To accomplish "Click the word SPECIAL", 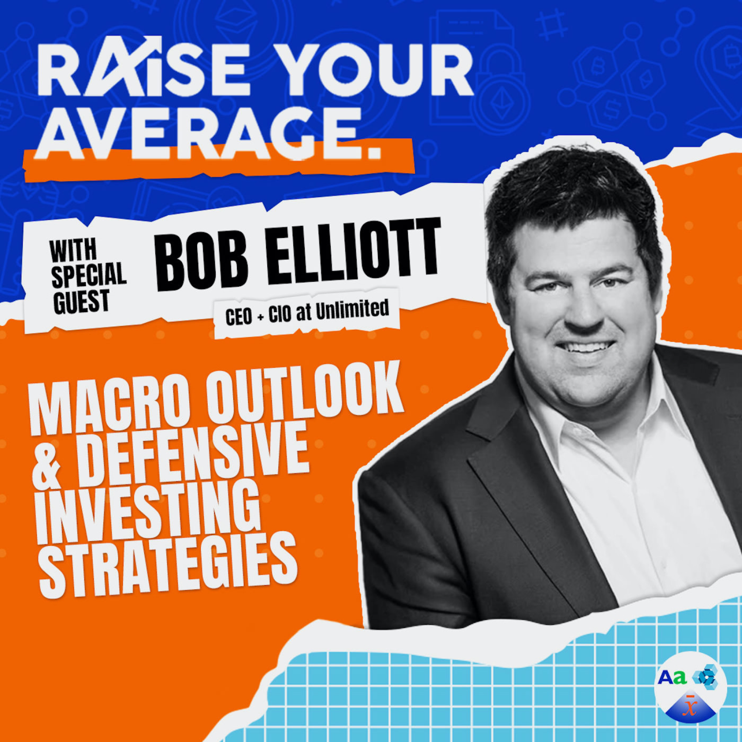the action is pyautogui.click(x=89, y=275).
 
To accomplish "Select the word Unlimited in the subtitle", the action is pyautogui.click(x=352, y=310).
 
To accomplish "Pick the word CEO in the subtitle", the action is pyautogui.click(x=239, y=317).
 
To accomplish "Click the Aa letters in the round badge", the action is pyautogui.click(x=672, y=678).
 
